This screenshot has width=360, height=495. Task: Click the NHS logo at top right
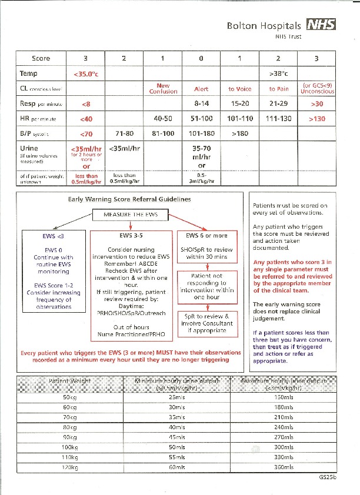[x=322, y=25]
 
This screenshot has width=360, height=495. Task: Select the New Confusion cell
[x=163, y=88]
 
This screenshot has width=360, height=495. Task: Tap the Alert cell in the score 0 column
[x=201, y=89]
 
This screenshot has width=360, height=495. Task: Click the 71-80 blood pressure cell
[x=124, y=133]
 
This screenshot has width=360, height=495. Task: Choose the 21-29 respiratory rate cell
[x=278, y=103]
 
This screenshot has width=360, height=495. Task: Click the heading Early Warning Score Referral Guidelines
[x=129, y=199]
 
